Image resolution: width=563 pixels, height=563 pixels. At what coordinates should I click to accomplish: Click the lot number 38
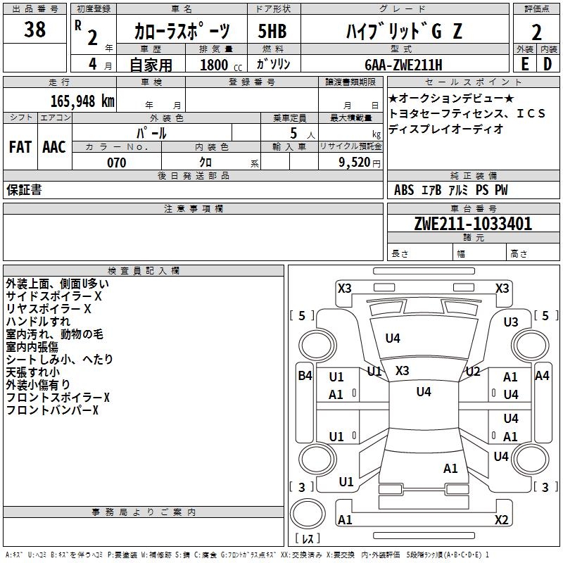[34, 30]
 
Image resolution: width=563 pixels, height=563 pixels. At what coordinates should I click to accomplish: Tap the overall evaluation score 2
[536, 32]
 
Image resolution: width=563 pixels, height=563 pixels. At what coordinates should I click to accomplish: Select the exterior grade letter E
[524, 64]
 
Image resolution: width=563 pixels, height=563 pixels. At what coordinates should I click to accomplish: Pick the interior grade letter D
[548, 64]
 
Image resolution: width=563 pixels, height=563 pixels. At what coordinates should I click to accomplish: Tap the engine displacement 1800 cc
[215, 65]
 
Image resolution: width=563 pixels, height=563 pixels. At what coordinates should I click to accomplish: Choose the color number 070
[116, 163]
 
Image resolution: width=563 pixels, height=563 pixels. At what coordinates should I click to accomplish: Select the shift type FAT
[20, 146]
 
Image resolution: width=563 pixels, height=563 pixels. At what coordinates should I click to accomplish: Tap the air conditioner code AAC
[53, 146]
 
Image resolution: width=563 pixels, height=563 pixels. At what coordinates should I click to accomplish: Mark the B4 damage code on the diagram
[305, 376]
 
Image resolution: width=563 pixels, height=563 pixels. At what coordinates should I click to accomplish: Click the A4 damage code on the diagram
[542, 376]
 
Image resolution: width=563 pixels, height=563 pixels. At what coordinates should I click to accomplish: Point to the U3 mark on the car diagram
[511, 322]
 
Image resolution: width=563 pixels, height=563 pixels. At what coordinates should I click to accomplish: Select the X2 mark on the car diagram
[502, 520]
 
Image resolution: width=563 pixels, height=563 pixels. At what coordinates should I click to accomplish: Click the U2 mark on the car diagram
[473, 372]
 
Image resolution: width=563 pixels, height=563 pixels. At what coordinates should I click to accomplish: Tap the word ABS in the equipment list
[404, 190]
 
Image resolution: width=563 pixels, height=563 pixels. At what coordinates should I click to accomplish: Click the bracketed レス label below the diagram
[308, 540]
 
